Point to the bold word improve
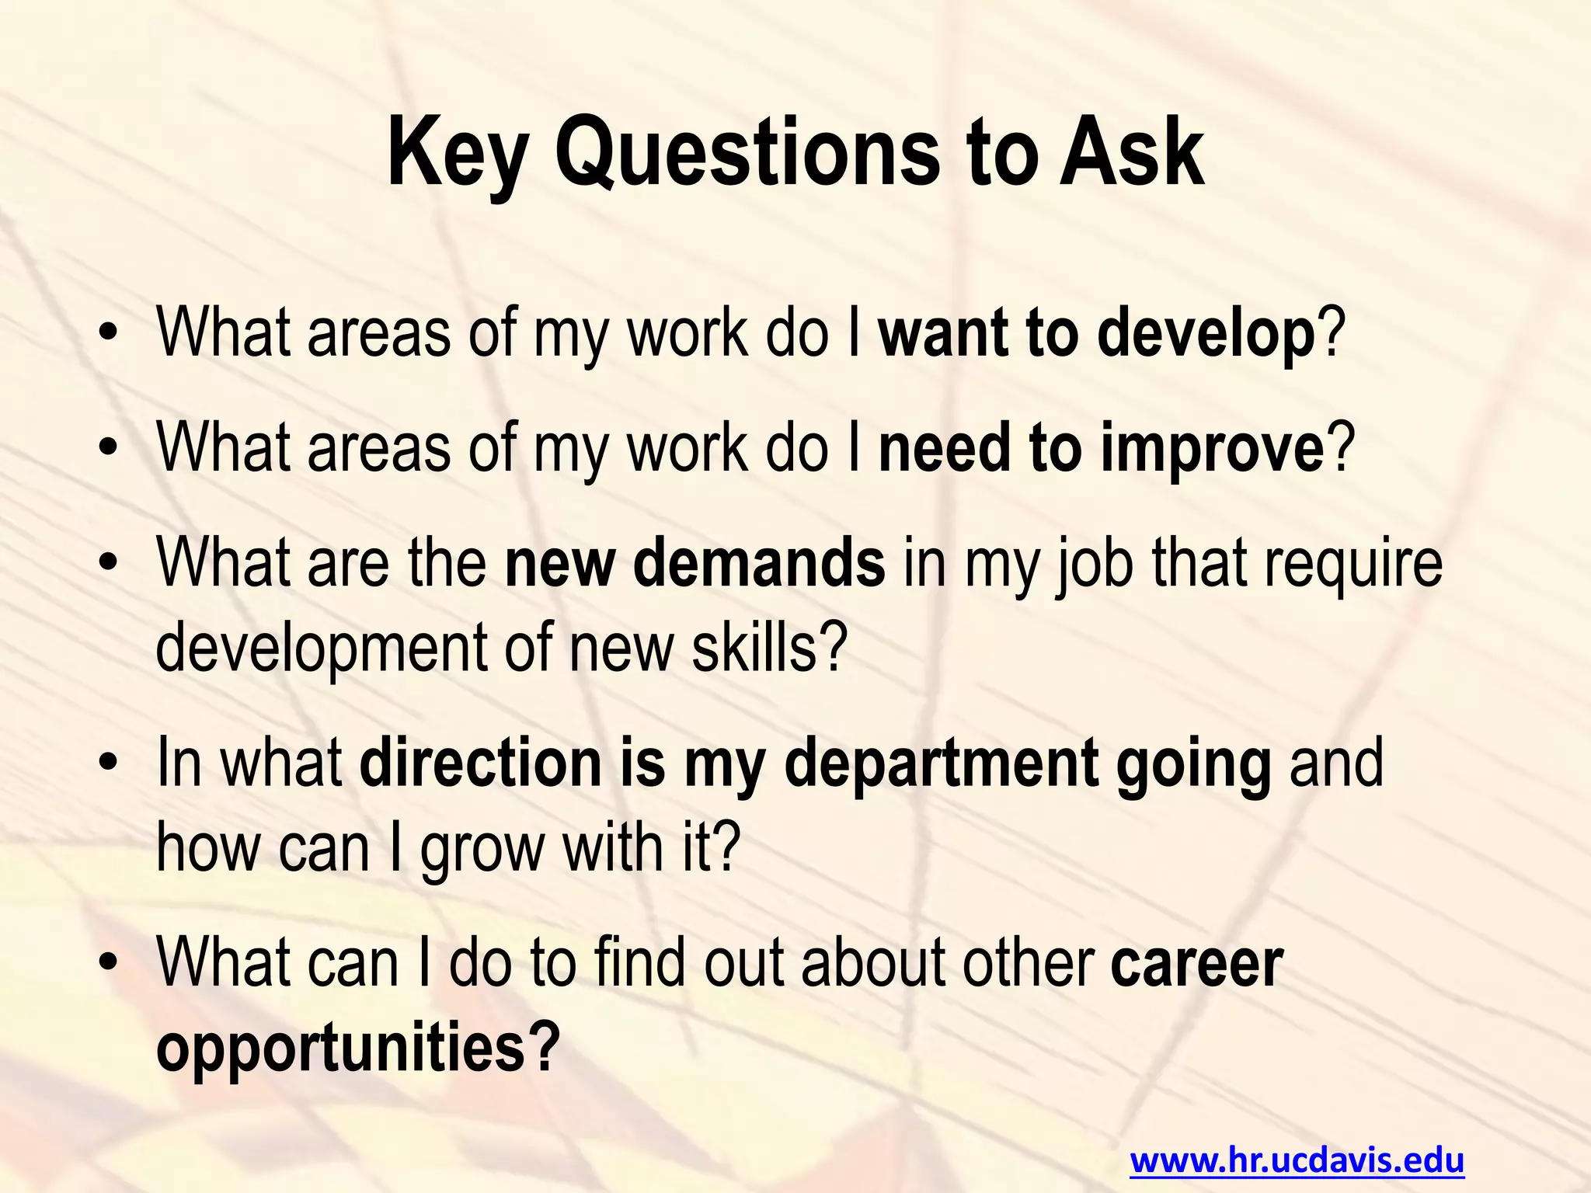tap(1212, 450)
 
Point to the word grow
tap(482, 848)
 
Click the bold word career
tap(1196, 962)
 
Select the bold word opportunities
tap(342, 1048)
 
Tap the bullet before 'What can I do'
tap(108, 964)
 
